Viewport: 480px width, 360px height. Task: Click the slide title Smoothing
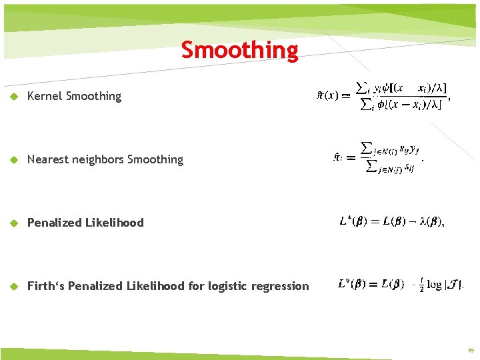(240, 50)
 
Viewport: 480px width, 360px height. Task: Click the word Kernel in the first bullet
(43, 96)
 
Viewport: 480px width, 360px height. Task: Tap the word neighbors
(96, 159)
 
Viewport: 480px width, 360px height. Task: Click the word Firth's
(46, 286)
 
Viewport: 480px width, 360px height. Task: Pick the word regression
(283, 286)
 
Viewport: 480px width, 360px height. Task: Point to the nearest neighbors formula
(378, 157)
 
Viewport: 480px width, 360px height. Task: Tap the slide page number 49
(471, 349)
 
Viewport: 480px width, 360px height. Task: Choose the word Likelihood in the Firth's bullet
(155, 286)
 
